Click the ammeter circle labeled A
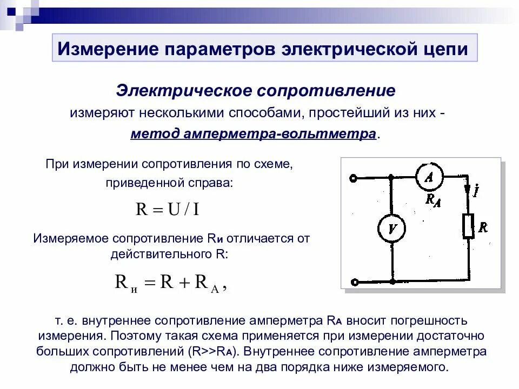pos(429,177)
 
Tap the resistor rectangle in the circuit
pos(468,226)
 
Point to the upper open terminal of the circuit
pos(354,178)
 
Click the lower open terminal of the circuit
pos(354,281)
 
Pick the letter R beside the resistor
pos(483,227)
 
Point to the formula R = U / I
pos(168,209)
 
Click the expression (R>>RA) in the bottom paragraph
pos(213,351)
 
